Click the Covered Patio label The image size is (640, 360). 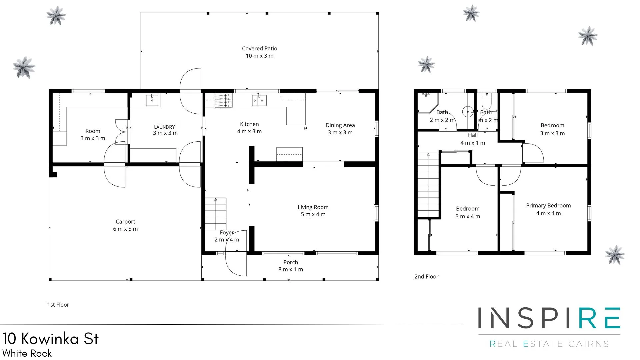pos(259,52)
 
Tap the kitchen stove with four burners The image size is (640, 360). pos(223,101)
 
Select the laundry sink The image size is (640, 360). pos(153,100)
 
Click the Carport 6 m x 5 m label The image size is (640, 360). pos(125,225)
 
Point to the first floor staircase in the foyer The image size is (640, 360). pos(216,213)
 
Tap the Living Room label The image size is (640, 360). pos(313,211)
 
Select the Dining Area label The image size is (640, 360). pos(340,129)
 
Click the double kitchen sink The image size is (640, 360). pos(259,100)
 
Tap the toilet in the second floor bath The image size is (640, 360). pos(487,99)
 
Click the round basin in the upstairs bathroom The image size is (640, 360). pos(468,112)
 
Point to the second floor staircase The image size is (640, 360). pos(428,185)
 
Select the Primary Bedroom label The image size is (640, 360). pos(548,209)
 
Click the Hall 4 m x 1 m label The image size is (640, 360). pos(473,139)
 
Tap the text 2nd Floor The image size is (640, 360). pos(426,277)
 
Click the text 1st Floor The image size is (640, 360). pos(58,305)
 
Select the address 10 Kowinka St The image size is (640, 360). pos(51,339)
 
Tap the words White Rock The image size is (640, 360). pos(27,353)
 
